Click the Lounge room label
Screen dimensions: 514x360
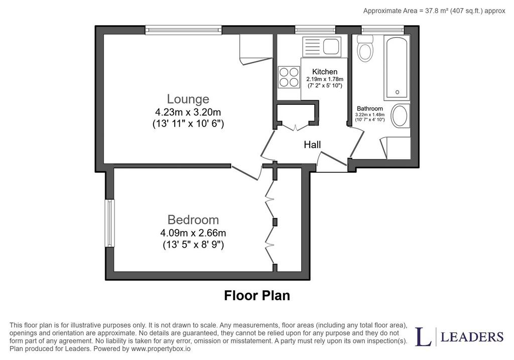coord(188,99)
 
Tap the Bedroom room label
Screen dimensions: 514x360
coord(193,220)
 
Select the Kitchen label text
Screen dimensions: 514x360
coord(325,71)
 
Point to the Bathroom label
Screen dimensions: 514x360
coord(370,108)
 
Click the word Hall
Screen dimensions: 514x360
coord(312,145)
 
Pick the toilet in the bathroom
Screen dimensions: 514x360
coord(365,49)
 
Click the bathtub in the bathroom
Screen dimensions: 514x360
coord(397,68)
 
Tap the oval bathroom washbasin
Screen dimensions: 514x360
coord(400,116)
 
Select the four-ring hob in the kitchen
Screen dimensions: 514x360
coord(289,77)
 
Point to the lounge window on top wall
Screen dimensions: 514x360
coord(184,30)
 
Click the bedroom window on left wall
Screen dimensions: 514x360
coord(109,223)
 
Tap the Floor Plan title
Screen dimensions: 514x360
coord(257,295)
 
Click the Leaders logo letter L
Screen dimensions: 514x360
coord(424,336)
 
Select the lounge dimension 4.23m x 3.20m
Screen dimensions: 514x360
coord(188,112)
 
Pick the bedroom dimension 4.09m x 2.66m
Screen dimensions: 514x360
coord(193,233)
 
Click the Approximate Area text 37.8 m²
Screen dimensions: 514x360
coord(436,11)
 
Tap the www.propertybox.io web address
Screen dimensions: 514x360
coord(161,349)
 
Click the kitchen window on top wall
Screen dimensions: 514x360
coord(315,30)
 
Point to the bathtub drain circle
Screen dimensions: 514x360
coord(398,92)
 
